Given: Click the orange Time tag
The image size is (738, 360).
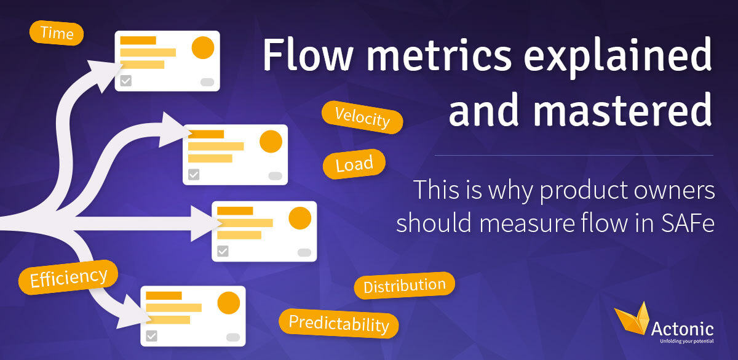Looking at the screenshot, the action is [x=57, y=33].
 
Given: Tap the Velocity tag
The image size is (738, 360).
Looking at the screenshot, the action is [x=362, y=118].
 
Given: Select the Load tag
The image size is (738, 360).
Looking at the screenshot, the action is [x=354, y=164].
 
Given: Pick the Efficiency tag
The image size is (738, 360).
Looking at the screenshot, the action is [x=68, y=278].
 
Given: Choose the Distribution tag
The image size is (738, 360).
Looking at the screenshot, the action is [x=404, y=286].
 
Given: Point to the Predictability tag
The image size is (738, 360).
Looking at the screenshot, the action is [x=339, y=324].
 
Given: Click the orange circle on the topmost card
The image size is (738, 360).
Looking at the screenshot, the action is [x=203, y=47].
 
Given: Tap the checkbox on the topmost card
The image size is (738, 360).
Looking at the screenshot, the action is [x=126, y=81].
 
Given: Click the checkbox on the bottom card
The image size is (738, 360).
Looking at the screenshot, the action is [x=151, y=336].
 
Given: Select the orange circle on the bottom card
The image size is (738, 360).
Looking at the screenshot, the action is [x=229, y=303].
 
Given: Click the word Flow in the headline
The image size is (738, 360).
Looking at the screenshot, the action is [x=307, y=54].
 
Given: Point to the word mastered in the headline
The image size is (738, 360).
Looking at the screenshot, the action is [x=580, y=110].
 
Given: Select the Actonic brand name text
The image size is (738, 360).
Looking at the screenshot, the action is [x=682, y=329].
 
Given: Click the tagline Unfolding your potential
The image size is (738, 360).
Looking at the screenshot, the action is [x=686, y=341].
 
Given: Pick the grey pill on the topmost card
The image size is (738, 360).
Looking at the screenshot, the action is [x=207, y=82].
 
